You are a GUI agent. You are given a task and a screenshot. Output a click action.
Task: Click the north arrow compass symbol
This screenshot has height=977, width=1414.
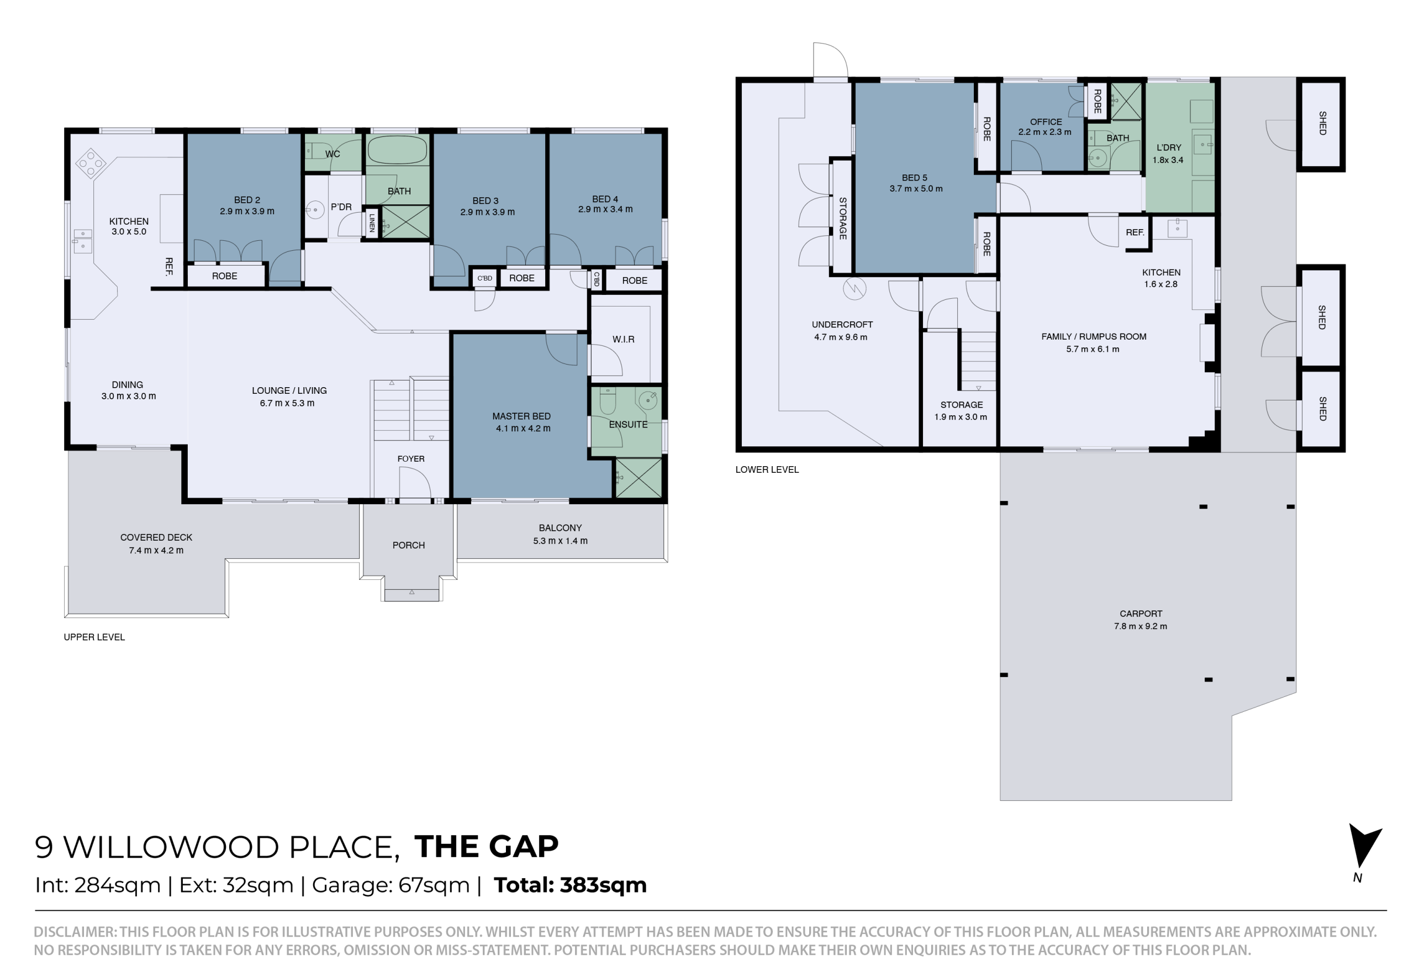(1364, 847)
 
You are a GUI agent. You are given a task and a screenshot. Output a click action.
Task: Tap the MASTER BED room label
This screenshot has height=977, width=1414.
(521, 416)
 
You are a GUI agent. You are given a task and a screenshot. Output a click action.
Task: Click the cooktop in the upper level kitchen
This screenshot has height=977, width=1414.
(91, 163)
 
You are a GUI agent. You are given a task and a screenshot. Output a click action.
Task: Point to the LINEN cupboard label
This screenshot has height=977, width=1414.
(372, 223)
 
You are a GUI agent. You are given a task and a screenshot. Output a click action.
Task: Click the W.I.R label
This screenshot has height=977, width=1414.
(623, 339)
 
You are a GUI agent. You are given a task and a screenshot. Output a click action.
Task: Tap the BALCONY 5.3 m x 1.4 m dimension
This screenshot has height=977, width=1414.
(560, 541)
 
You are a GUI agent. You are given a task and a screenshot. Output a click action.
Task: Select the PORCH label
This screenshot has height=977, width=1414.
(408, 545)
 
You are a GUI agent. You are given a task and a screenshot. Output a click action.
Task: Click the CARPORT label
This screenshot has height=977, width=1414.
(1141, 614)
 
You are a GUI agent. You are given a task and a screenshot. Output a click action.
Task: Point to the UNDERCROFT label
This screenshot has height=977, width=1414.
(842, 324)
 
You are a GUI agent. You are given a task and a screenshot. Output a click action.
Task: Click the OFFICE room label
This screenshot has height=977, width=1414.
(1046, 122)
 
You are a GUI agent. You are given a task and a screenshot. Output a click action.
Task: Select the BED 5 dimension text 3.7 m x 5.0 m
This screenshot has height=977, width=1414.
(916, 188)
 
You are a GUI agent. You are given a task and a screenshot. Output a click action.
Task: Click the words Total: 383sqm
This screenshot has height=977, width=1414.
(570, 885)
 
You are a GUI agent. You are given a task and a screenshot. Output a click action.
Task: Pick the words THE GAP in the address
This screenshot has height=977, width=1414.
(486, 847)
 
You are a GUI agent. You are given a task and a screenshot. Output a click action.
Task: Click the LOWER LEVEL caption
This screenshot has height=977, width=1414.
(767, 469)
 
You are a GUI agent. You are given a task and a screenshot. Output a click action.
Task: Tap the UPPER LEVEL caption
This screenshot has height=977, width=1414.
(94, 637)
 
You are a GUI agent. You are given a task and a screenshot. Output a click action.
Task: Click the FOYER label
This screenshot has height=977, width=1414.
(411, 458)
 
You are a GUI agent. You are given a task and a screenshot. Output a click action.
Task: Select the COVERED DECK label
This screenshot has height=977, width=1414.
(156, 537)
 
